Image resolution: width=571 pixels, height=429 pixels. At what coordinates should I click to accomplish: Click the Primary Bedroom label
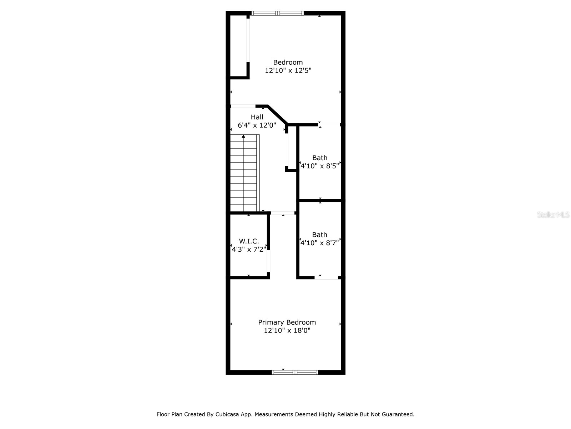point(287,322)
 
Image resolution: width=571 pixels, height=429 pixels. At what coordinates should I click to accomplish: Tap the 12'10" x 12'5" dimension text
point(288,70)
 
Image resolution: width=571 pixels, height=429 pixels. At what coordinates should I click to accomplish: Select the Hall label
point(257,117)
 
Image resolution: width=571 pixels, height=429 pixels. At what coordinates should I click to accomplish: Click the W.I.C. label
point(249,241)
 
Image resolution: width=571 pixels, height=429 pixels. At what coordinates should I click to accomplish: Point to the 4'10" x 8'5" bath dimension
point(320,166)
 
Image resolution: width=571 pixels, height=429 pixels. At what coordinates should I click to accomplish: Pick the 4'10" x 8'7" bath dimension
point(320,243)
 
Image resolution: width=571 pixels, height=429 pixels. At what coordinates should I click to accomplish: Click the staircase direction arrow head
point(243,136)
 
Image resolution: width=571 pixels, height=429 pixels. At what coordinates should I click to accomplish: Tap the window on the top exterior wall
point(278,13)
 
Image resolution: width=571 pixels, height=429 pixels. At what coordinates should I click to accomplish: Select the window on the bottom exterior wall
point(295,372)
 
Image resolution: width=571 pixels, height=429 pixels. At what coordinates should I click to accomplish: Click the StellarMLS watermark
point(553,215)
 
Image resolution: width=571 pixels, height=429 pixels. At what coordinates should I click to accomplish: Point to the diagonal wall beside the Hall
point(278,115)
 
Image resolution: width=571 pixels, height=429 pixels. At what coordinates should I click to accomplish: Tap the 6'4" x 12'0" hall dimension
point(257,125)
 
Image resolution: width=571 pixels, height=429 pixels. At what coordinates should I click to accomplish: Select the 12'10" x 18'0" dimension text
point(287,331)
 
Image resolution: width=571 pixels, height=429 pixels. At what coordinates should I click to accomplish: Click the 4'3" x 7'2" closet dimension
point(249,250)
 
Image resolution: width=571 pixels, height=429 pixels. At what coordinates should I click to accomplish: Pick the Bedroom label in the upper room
point(288,62)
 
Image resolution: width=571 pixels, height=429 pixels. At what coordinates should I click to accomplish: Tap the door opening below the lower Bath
point(326,278)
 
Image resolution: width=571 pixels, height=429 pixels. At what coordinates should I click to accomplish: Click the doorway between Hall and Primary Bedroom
point(283,213)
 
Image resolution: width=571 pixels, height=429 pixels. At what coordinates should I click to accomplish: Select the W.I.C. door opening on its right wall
point(268,261)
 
